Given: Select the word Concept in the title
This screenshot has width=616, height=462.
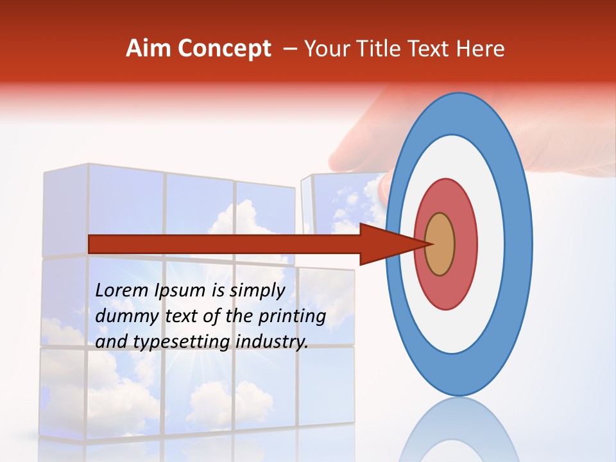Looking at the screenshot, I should [224, 49].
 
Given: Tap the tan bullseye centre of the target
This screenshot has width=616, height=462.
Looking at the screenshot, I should [440, 244].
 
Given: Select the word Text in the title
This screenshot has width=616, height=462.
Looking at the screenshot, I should [434, 49].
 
